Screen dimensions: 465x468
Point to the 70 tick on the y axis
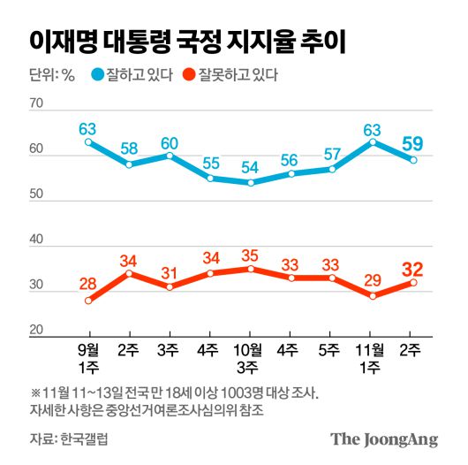[36, 104]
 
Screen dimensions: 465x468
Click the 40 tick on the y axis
[36, 240]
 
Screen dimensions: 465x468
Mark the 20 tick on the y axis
[36, 331]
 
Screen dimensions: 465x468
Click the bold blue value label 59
[411, 142]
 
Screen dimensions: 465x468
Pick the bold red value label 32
[411, 270]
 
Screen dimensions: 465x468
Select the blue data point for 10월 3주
[251, 183]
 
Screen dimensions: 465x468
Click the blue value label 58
[130, 148]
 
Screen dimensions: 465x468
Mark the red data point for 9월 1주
[88, 301]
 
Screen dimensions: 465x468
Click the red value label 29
[372, 281]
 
